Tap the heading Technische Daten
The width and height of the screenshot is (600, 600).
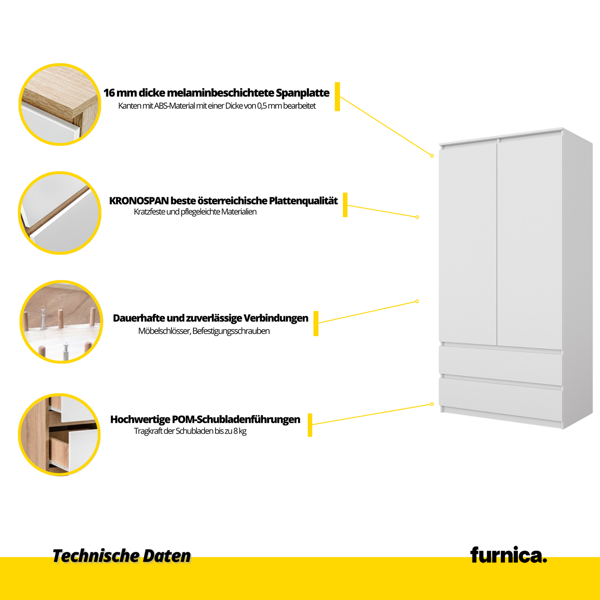click(x=121, y=556)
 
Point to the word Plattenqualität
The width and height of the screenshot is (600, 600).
click(x=303, y=201)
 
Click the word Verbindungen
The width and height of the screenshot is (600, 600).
click(x=276, y=318)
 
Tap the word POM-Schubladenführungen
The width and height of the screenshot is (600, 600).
click(x=236, y=419)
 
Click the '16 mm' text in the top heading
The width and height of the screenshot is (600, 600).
click(x=115, y=93)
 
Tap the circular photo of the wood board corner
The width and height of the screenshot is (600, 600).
click(x=60, y=105)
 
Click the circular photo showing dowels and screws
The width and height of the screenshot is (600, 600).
click(x=61, y=322)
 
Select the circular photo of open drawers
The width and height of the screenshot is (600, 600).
click(x=60, y=434)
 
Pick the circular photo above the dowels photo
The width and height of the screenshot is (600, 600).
click(x=60, y=213)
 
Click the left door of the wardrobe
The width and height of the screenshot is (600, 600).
click(x=468, y=243)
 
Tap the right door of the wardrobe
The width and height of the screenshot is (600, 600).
click(x=530, y=243)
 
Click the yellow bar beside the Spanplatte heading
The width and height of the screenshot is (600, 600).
click(x=337, y=96)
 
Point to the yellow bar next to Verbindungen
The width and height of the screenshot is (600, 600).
click(x=316, y=323)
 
